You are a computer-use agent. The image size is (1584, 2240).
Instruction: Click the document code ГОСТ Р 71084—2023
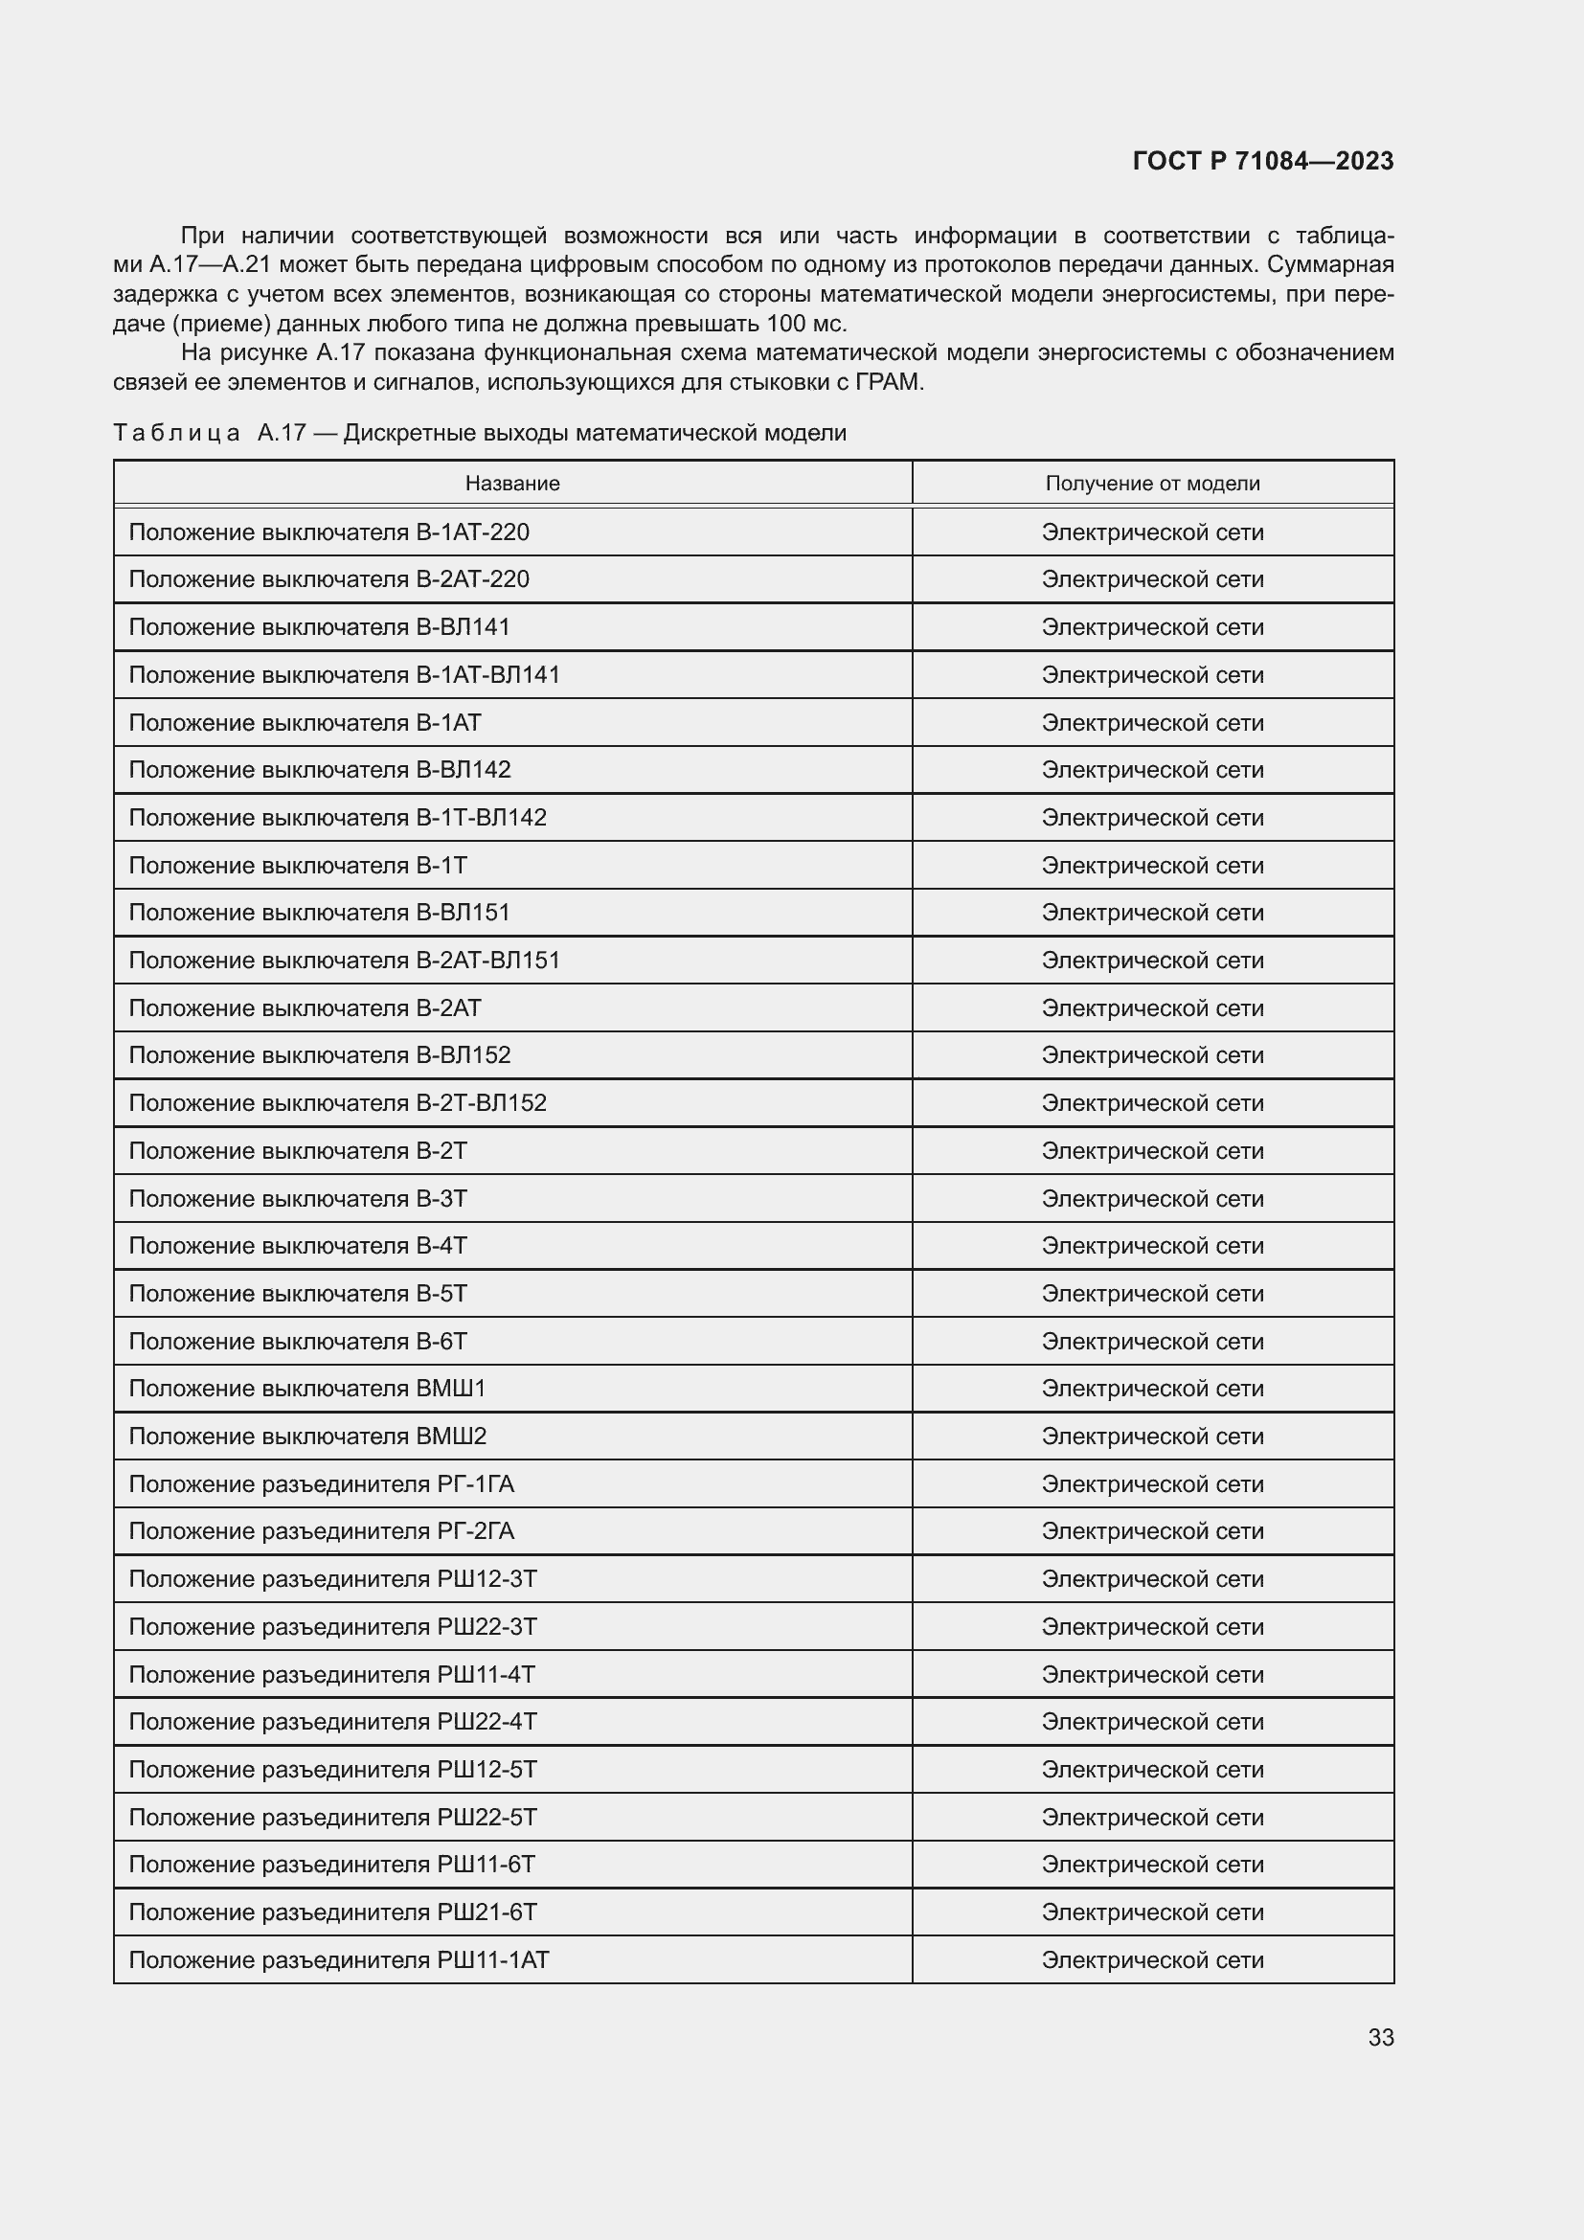[1262, 161]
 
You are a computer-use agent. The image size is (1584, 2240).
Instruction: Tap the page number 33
[1380, 2037]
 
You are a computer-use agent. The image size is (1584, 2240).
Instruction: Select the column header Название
[512, 483]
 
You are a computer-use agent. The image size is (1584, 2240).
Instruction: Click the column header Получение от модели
[1152, 483]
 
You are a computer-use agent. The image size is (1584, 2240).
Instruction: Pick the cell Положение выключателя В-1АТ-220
[328, 532]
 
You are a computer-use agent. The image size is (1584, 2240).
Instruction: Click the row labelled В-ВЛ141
[319, 626]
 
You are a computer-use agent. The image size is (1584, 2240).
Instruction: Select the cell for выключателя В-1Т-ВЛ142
[337, 817]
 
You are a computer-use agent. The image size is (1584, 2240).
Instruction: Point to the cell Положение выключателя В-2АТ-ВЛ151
[345, 960]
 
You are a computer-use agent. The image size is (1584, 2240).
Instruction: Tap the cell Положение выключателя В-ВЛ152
[319, 1054]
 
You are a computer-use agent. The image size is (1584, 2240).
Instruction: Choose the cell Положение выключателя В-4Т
[298, 1245]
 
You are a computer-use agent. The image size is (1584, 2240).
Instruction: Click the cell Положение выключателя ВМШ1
[306, 1388]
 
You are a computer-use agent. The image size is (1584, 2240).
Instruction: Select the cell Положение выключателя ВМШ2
[306, 1436]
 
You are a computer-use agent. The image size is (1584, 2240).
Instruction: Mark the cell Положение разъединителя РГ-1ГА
[321, 1482]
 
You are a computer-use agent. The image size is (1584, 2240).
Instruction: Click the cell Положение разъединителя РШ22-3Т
[332, 1626]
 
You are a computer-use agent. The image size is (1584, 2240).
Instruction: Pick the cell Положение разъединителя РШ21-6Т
[332, 1912]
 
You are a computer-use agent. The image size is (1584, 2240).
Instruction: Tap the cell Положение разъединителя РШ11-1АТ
[338, 1959]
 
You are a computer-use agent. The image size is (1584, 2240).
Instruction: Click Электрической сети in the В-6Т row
[1152, 1341]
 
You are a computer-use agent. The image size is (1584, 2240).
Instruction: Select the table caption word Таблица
[176, 432]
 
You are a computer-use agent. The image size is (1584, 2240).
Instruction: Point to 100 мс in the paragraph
[805, 324]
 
